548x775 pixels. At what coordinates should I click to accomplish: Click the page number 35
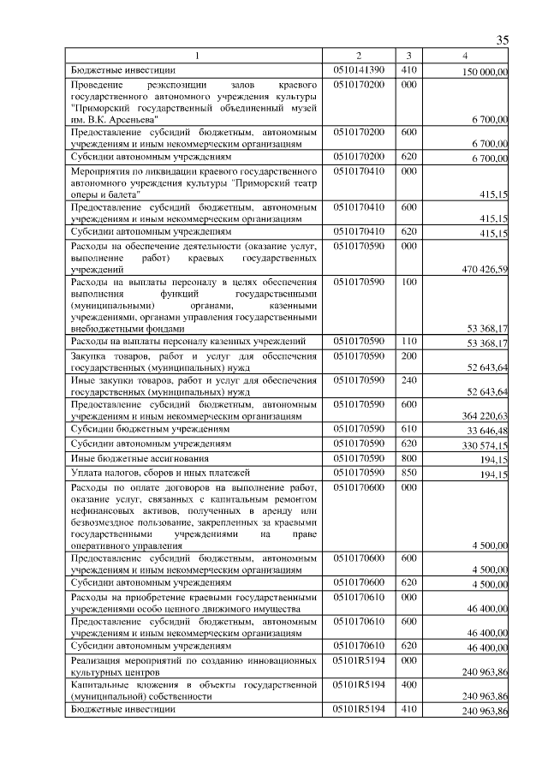(503, 39)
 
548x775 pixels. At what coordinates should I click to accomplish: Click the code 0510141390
(359, 69)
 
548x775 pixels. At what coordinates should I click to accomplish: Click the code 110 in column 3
(408, 342)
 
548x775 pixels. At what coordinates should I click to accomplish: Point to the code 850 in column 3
(408, 472)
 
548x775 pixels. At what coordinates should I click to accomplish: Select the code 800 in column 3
(408, 458)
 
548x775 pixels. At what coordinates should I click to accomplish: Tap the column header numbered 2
(359, 57)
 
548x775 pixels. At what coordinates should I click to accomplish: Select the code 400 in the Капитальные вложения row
(408, 684)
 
